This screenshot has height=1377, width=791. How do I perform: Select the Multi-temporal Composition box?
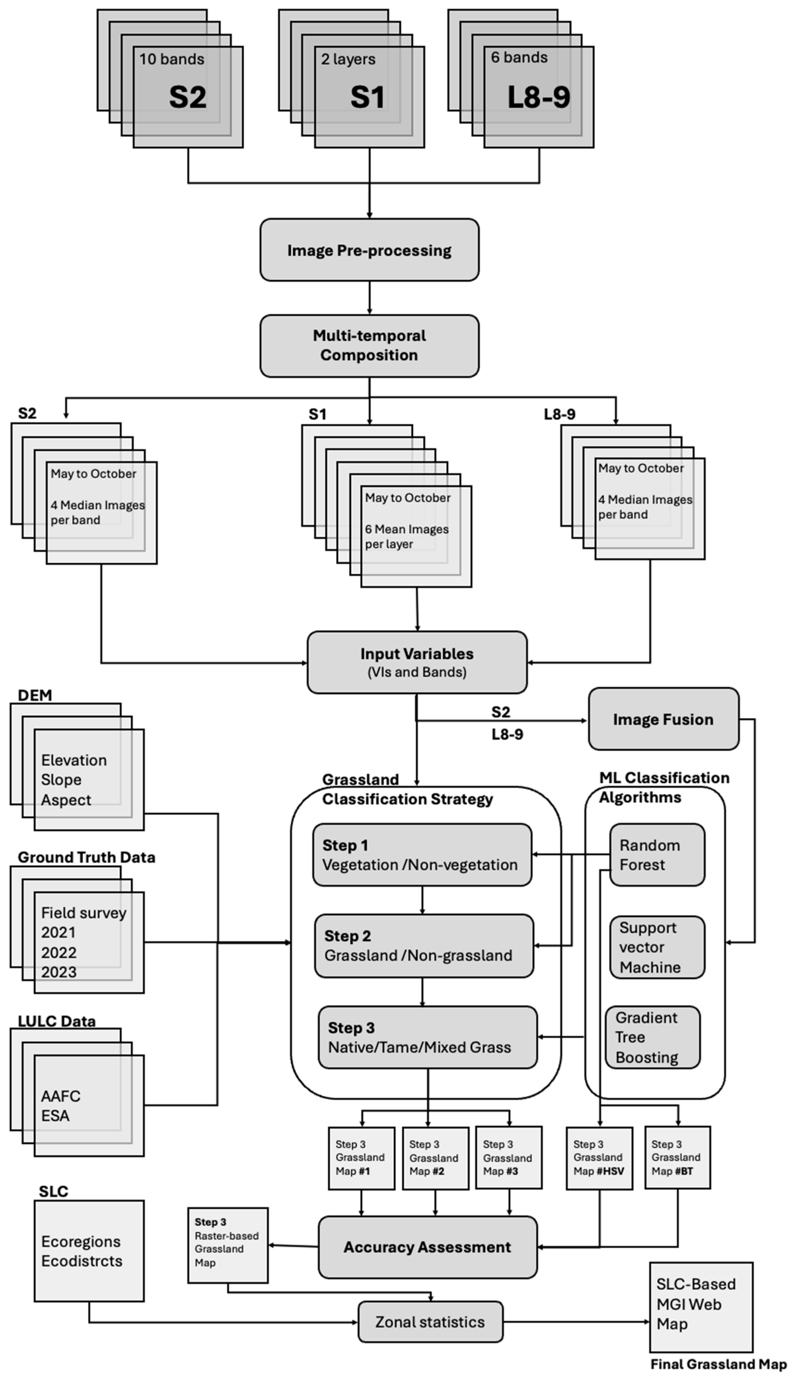coord(369,345)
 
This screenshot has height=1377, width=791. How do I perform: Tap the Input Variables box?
coord(417,662)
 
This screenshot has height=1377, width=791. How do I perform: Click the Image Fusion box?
coord(663,719)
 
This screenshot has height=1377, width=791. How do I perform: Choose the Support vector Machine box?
coord(657,947)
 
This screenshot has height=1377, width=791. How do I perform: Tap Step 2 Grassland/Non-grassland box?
coord(424,946)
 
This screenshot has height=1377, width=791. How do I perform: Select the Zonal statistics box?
coord(430,1322)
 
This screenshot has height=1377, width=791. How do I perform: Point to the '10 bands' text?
coord(172,59)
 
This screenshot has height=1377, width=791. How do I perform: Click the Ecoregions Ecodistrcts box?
coord(89,1251)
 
